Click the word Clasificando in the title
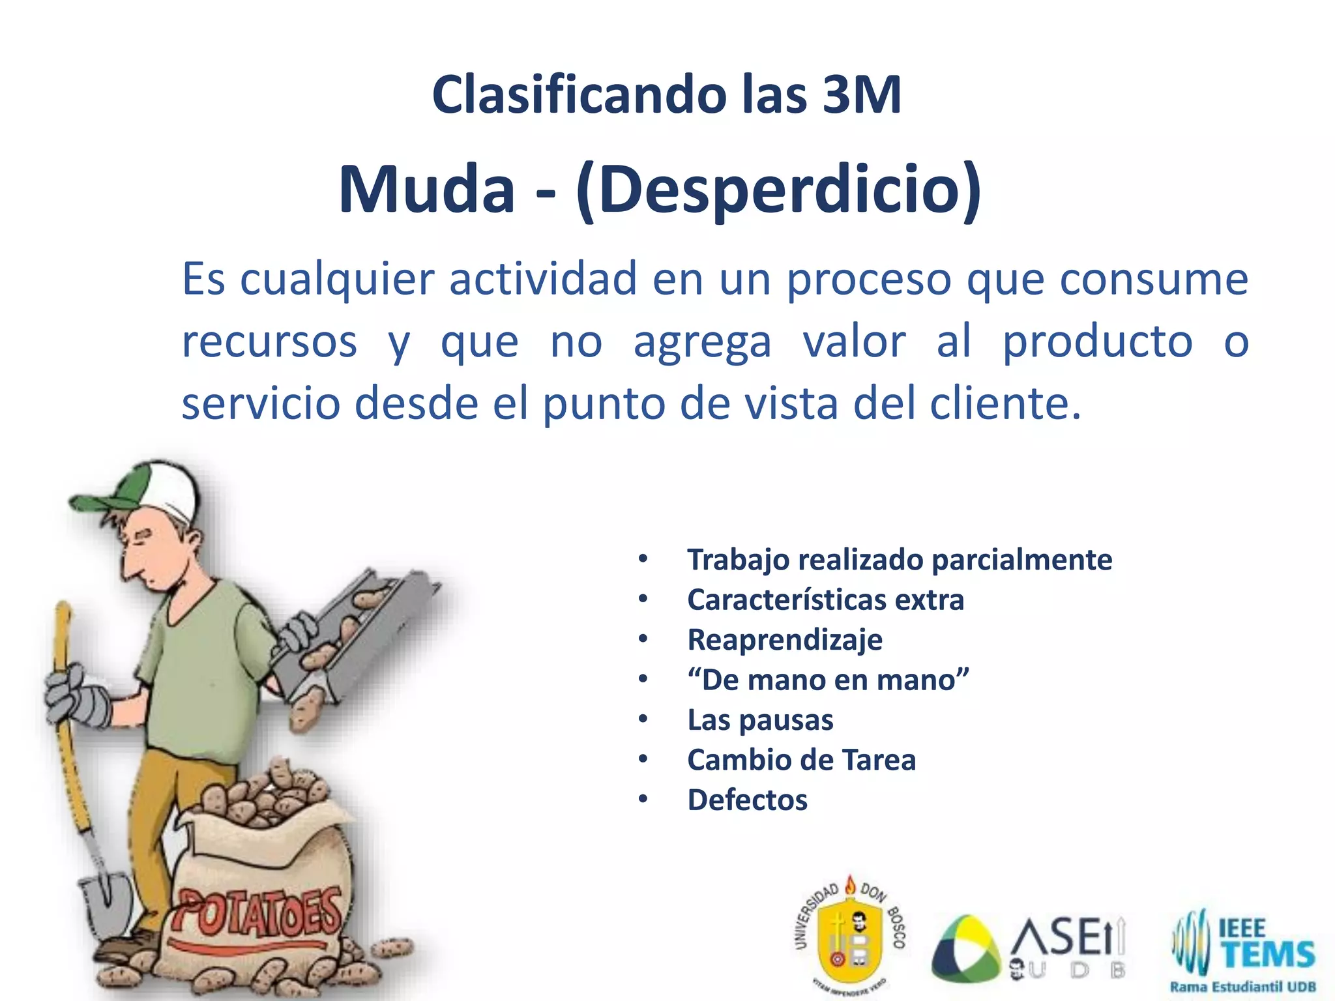[578, 95]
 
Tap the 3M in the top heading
[862, 95]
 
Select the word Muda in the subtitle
[427, 189]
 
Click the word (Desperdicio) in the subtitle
[778, 189]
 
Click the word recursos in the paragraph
[269, 341]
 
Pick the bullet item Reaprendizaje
[785, 640]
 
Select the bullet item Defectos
[747, 800]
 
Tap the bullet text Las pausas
[760, 720]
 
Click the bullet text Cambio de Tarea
[801, 760]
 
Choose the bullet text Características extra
[825, 600]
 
